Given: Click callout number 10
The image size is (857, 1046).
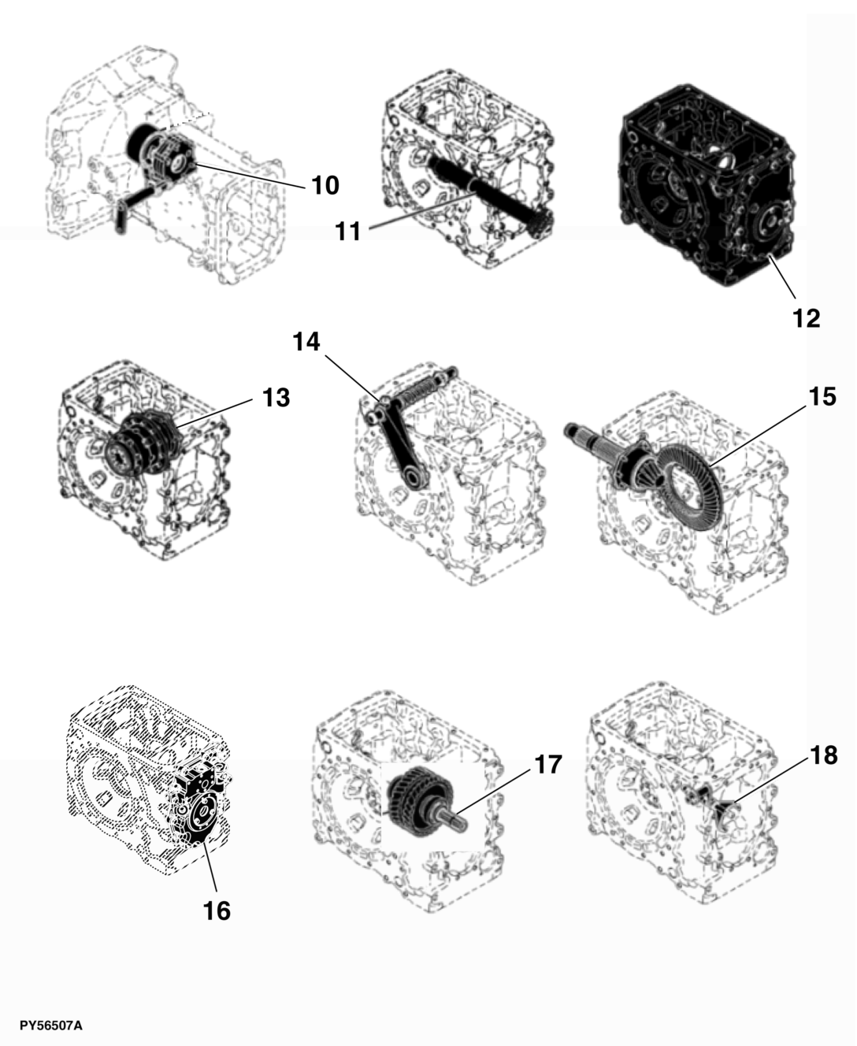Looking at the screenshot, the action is coord(325,186).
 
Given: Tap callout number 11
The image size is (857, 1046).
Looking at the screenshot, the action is coord(348,231).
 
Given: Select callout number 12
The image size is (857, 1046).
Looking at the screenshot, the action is coord(807,318).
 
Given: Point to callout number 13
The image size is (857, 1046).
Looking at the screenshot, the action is coord(276,398).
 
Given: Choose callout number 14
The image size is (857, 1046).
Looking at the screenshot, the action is coord(306,342).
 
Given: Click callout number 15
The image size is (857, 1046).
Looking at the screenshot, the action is coord(822,397).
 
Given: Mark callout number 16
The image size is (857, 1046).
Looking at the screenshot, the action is coord(217,911).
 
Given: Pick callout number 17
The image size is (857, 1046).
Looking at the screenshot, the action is coord(547,764).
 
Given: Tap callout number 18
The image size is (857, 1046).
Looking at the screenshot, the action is coord(823,755).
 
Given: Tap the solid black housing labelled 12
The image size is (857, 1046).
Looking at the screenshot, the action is coord(707,184).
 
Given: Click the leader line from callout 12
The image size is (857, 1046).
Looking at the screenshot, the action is coord(782,277).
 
